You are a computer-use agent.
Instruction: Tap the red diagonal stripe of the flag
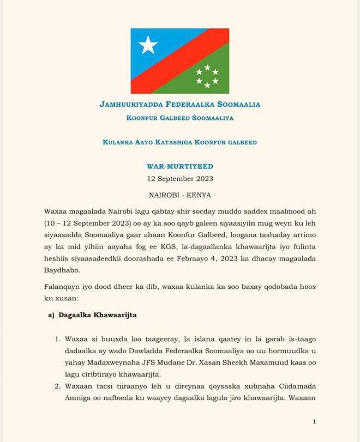[179, 60]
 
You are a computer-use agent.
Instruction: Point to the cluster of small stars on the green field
[207, 76]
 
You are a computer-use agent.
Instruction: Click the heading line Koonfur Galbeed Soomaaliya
[179, 117]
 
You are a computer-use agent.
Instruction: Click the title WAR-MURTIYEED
[179, 165]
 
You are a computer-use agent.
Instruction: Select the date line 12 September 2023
[179, 178]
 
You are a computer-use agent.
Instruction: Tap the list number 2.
[58, 386]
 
